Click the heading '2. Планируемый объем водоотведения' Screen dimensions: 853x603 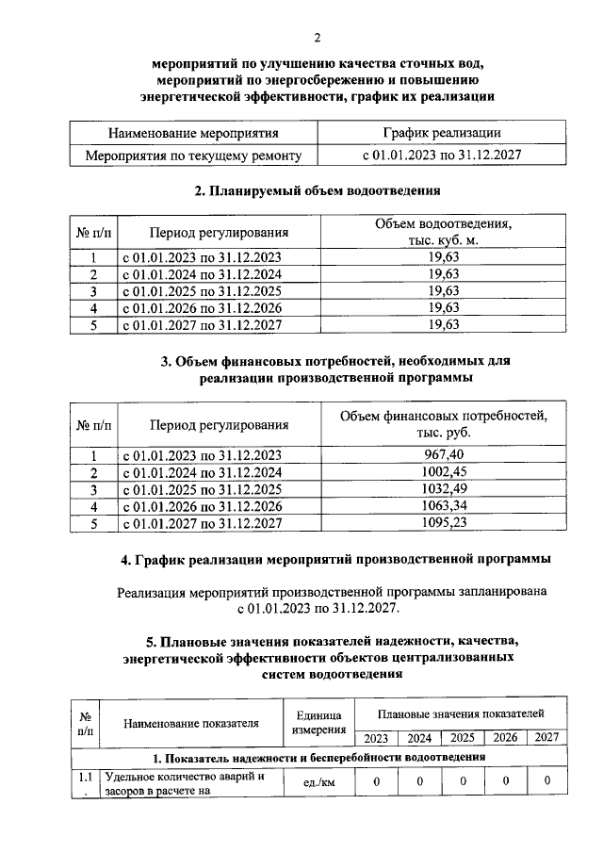tap(318, 191)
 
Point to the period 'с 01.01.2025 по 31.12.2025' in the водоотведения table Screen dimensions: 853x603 tap(200, 290)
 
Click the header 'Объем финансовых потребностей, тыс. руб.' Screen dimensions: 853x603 tap(443, 423)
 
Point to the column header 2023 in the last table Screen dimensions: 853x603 tap(377, 738)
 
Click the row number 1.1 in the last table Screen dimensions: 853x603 tap(86, 778)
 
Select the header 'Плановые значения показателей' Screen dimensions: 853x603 tap(461, 714)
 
